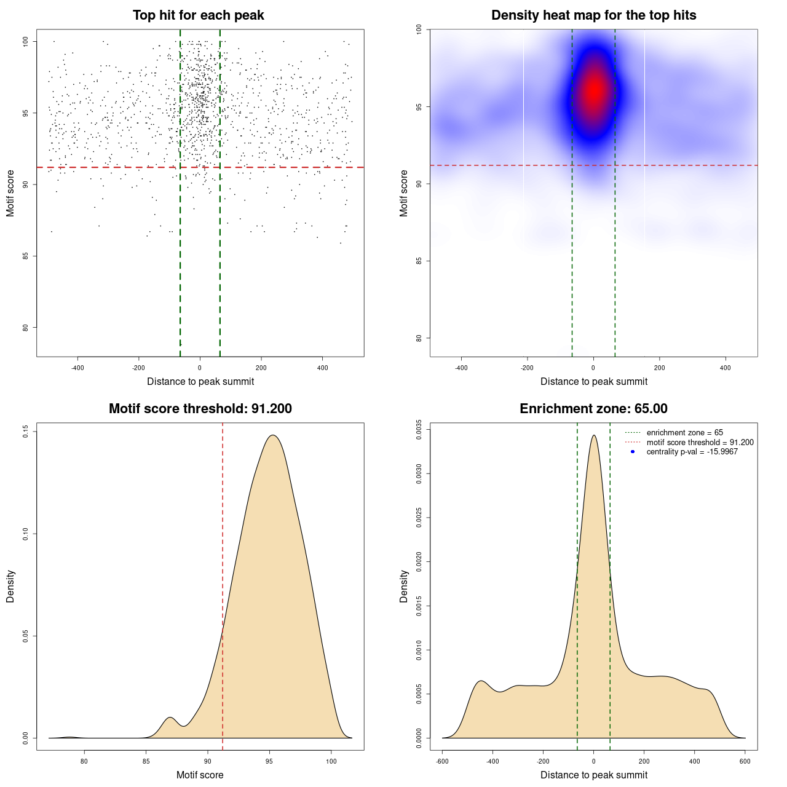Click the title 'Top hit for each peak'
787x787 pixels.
[198, 15]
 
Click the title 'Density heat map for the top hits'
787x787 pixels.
[593, 15]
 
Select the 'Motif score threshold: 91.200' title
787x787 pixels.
[200, 409]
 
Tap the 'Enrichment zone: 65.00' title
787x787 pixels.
[593, 409]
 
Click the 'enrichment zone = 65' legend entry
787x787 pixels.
[684, 433]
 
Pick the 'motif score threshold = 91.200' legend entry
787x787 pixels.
[700, 443]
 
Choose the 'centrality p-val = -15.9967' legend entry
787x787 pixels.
[692, 452]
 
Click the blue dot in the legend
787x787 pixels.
[633, 452]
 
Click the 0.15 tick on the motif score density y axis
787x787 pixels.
[26, 432]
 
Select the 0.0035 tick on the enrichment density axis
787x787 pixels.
[419, 430]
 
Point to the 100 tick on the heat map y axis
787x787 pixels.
[419, 30]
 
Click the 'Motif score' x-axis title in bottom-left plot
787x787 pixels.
[200, 775]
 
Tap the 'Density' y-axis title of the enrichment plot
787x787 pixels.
[404, 586]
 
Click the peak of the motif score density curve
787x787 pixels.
[273, 435]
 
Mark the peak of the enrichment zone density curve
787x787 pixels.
[593, 435]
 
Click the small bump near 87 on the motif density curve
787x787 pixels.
[170, 718]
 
